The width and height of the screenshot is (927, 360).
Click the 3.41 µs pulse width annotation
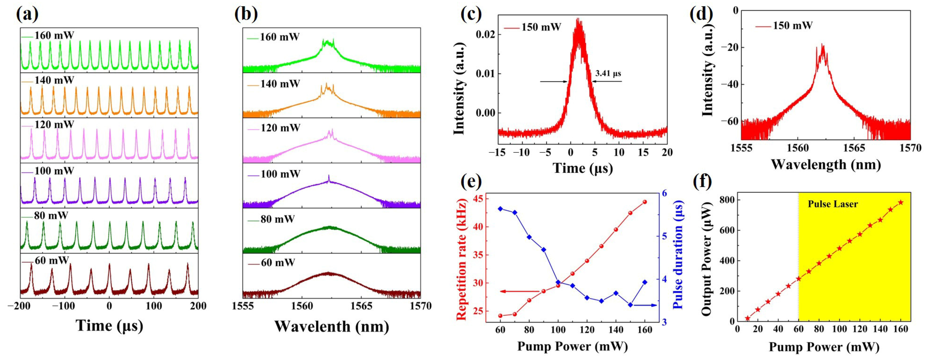(x=608, y=74)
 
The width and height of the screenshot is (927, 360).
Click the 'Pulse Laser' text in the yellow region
(x=833, y=204)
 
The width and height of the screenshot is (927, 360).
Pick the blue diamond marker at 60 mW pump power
(x=500, y=209)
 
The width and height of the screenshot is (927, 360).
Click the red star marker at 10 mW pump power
(x=747, y=318)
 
